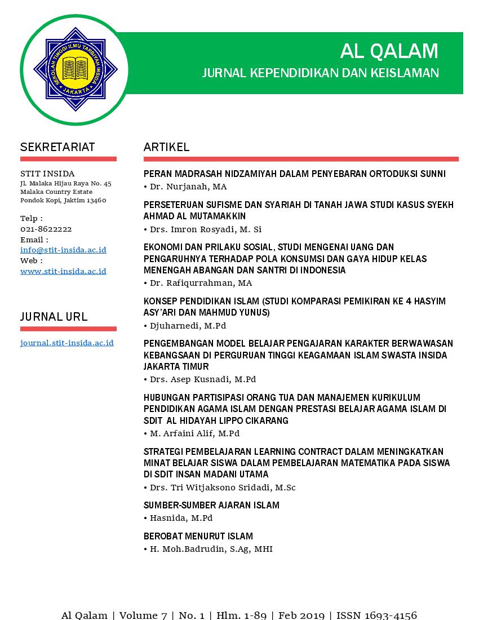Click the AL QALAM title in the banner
coord(389,51)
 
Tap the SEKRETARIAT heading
coord(57,147)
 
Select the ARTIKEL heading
coord(166,147)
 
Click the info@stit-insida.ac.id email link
coord(63,250)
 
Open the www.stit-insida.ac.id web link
coord(63,271)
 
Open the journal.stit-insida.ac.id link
coord(67,343)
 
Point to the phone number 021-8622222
coord(46,229)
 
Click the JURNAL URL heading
coord(54,317)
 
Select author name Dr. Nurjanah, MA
coord(188,187)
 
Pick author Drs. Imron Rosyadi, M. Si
coord(206,229)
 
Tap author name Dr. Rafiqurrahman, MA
coord(201,283)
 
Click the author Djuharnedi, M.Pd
coord(188,326)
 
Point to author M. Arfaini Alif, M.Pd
coord(194,433)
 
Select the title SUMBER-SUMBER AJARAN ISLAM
coord(211,505)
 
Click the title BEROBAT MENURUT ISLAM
coord(198,536)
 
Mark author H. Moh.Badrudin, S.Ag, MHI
coord(211,549)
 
